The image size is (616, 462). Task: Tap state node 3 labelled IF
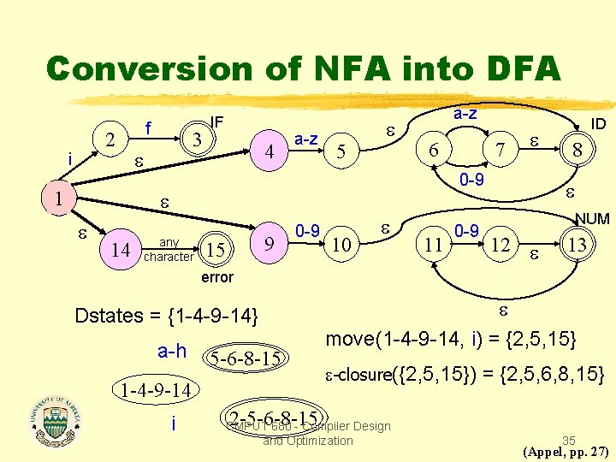coord(197,138)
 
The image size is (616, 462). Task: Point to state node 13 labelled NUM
coord(578,246)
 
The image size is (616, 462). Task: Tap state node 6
coord(435,150)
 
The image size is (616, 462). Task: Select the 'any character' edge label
coord(169,249)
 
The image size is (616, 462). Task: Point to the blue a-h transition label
coord(172,351)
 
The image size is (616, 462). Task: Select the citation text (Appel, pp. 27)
coord(565,451)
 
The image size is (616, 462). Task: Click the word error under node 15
coord(216,277)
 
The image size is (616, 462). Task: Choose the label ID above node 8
coord(599,124)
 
